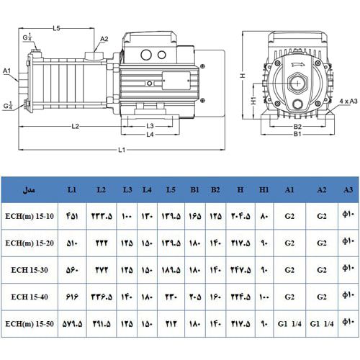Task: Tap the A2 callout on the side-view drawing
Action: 104,39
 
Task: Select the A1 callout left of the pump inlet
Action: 7,71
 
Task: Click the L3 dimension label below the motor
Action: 150,126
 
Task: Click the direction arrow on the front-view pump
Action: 297,63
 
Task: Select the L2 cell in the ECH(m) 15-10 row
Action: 101,215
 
